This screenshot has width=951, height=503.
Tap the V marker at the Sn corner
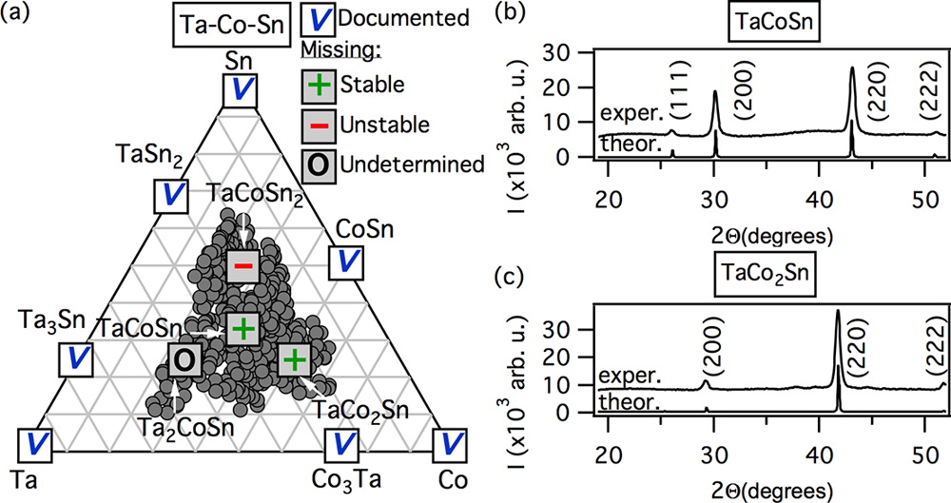coord(242,90)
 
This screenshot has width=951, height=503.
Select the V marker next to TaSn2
coord(171,195)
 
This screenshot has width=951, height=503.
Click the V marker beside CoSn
coord(346,262)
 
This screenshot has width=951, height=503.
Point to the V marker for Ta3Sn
coord(76,359)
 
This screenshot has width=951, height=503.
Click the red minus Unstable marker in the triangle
coord(243,265)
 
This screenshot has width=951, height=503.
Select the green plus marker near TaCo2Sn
coord(295,359)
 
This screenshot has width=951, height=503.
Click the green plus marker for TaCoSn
coord(243,329)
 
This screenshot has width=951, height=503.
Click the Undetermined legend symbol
coord(319,164)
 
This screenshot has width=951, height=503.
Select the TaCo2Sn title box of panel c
coord(766,273)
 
